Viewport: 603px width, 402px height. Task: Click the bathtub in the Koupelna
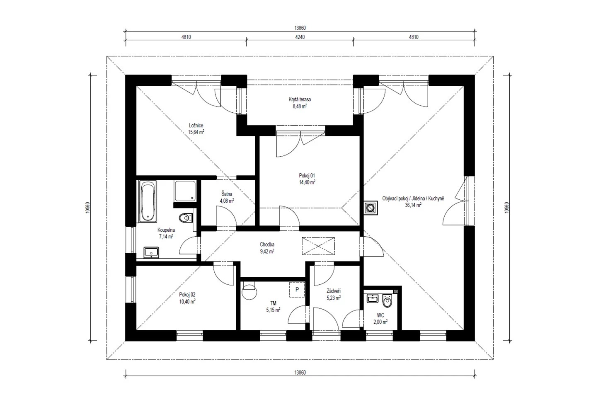pos(148,201)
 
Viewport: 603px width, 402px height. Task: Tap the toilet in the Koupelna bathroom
pos(186,218)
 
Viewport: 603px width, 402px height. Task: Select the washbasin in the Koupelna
pos(151,252)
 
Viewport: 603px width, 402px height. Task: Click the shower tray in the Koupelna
pos(185,191)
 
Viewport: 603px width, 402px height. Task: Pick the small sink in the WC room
pos(373,298)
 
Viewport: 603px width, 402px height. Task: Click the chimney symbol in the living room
pos(371,208)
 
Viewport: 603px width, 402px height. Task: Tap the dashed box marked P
pos(297,289)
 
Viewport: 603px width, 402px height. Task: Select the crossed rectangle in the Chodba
pos(318,246)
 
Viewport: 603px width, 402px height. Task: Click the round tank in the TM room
pos(249,293)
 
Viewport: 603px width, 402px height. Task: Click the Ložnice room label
pos(196,126)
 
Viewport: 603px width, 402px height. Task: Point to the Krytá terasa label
pos(300,99)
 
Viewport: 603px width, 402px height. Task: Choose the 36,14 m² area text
pos(413,205)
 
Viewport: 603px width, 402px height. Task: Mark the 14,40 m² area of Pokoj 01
pos(307,182)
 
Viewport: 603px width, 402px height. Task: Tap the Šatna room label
pos(227,194)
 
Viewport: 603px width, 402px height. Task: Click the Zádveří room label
pos(334,291)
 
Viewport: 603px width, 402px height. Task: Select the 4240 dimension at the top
pos(300,37)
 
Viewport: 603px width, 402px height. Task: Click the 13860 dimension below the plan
pos(300,373)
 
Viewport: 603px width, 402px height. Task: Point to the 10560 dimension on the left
pos(87,208)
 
